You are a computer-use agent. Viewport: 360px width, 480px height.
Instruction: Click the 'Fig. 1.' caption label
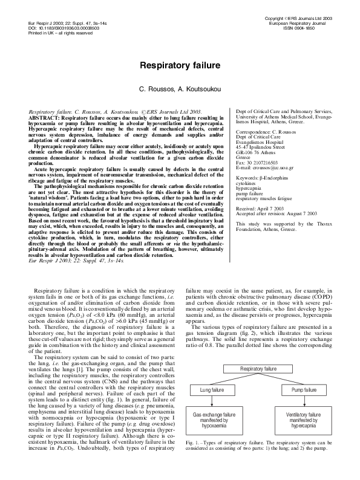point(194,460)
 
